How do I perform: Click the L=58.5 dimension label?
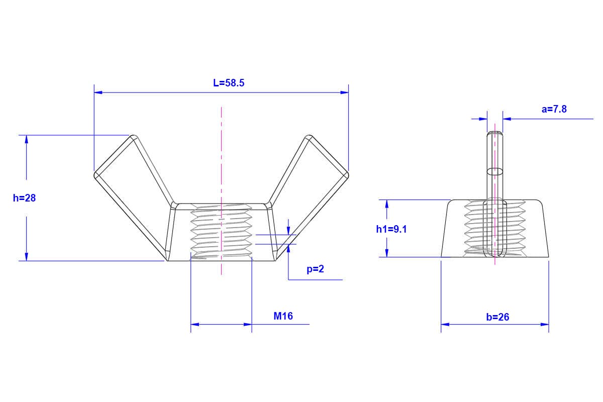pyautogui.click(x=229, y=83)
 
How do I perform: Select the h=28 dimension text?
pyautogui.click(x=24, y=198)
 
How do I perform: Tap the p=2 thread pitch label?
pyautogui.click(x=316, y=269)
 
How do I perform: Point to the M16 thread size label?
pyautogui.click(x=283, y=316)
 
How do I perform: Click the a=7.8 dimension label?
pyautogui.click(x=554, y=109)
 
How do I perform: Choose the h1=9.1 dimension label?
pyautogui.click(x=391, y=229)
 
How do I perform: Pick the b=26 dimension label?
pyautogui.click(x=497, y=317)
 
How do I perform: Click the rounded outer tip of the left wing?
pyautogui.click(x=96, y=175)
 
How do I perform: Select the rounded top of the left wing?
pyautogui.click(x=134, y=137)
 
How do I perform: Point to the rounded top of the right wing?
pyautogui.click(x=309, y=137)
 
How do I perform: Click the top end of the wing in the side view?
pyautogui.click(x=495, y=134)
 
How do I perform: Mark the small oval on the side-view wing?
pyautogui.click(x=495, y=171)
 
